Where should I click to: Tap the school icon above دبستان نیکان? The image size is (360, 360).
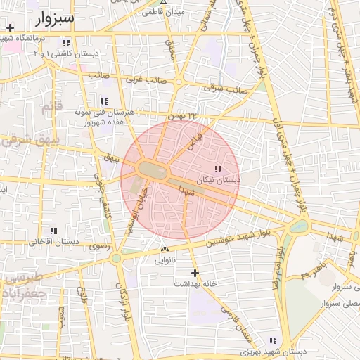(217, 169)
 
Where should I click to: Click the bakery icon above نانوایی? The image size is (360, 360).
(165, 249)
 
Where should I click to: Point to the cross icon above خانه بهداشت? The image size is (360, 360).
(195, 273)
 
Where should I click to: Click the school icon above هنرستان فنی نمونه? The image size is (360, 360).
(104, 102)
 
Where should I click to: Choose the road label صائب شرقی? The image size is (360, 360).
(226, 89)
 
